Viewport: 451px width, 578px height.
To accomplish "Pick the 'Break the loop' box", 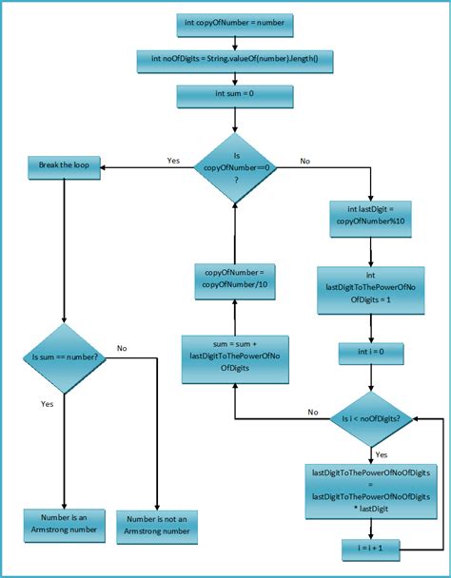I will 63,166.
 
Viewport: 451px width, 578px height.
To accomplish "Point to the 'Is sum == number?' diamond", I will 63,358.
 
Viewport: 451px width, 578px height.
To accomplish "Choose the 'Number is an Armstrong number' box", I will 63,526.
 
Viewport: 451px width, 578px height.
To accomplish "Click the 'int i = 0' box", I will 370,354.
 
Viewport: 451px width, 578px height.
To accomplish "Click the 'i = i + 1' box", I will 370,549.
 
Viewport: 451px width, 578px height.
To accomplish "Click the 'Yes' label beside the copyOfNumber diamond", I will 173,161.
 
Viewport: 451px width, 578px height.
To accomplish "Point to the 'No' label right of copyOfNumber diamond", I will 304,161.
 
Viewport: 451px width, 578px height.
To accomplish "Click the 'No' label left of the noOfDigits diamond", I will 312,412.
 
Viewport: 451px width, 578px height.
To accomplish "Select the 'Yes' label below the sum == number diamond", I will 48,403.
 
